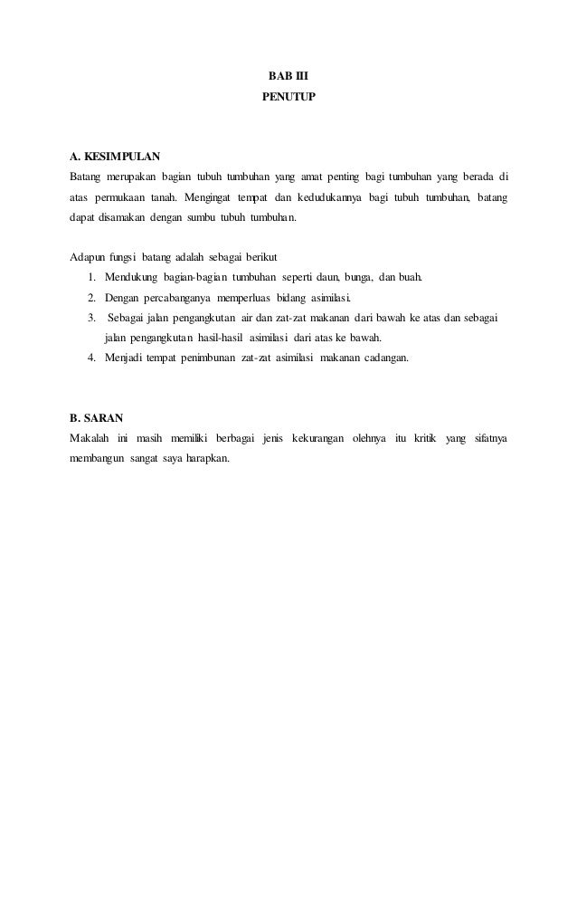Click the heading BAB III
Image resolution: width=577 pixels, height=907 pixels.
[x=288, y=75]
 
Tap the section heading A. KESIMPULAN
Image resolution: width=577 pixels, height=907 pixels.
[x=115, y=155]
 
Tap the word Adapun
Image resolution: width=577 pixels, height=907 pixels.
[x=86, y=258]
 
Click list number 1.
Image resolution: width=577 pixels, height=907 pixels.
[x=93, y=277]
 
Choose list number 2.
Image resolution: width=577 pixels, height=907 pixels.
[x=93, y=298]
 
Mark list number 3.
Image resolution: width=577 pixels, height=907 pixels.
[x=93, y=318]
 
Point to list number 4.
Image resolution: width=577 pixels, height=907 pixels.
[x=93, y=358]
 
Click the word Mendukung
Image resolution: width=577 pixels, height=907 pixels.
[x=131, y=277]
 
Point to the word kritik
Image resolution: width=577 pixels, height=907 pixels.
[x=423, y=439]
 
